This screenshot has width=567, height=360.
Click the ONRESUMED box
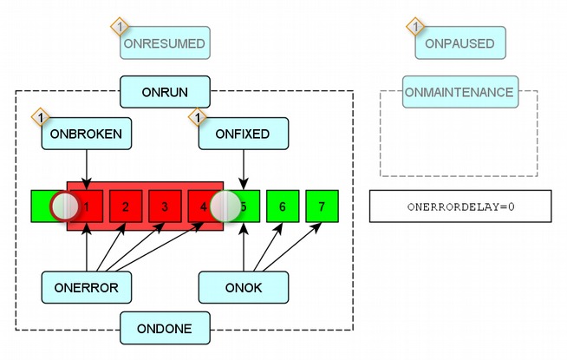click(x=166, y=43)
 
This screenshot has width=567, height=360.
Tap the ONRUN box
click(x=165, y=90)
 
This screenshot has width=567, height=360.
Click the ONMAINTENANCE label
click(x=459, y=92)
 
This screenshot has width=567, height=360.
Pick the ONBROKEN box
click(x=87, y=134)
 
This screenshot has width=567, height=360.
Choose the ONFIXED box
click(x=244, y=134)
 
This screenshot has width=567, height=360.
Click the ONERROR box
click(x=87, y=285)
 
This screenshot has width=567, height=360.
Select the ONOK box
click(x=244, y=285)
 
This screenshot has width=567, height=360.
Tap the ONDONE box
click(x=165, y=328)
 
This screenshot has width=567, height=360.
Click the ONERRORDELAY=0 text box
click(x=459, y=206)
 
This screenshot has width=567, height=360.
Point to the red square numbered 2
click(x=126, y=206)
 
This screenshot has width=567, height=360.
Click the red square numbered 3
click(x=165, y=206)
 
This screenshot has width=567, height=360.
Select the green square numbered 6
click(x=282, y=206)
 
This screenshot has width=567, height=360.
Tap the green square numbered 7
click(x=322, y=206)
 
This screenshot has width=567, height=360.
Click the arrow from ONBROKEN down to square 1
click(x=87, y=168)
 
